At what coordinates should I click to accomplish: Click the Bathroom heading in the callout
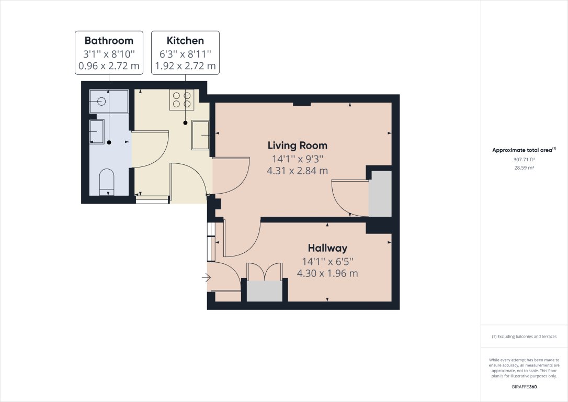click(x=109, y=40)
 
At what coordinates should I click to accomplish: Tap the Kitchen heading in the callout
click(x=185, y=40)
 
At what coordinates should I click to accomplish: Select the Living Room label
click(x=298, y=145)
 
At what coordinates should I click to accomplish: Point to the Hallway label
click(x=327, y=248)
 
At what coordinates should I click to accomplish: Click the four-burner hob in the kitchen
click(x=182, y=100)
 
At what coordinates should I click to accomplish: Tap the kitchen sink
click(x=201, y=135)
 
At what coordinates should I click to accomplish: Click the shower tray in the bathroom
click(x=109, y=101)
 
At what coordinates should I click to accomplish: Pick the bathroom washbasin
click(x=97, y=131)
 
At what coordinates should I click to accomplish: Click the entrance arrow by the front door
click(x=205, y=278)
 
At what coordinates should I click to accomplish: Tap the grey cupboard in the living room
click(x=380, y=194)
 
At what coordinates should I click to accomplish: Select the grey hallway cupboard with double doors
click(x=264, y=292)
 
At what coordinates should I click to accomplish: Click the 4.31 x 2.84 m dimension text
click(x=298, y=171)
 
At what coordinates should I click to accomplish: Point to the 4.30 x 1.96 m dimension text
click(x=327, y=273)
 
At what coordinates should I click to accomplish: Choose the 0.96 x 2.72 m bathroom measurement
click(x=109, y=66)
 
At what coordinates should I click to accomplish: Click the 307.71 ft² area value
click(x=524, y=160)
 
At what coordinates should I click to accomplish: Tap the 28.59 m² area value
click(x=524, y=167)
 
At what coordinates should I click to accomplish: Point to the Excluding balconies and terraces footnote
click(x=524, y=337)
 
